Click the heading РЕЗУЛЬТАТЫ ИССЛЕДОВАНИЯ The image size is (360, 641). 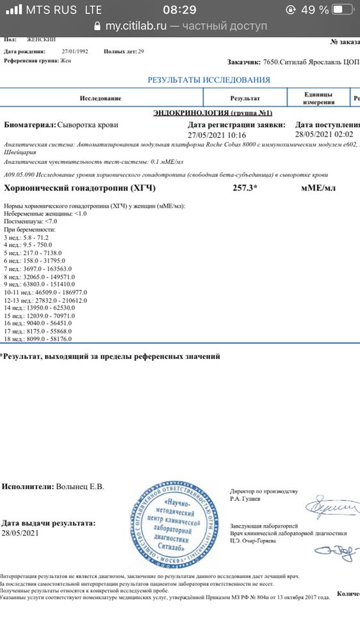(209, 79)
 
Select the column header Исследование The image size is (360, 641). (101, 99)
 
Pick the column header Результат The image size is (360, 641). (245, 99)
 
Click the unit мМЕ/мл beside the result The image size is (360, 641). (318, 189)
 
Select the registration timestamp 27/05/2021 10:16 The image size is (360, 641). (217, 135)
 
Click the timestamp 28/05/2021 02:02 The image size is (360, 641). (324, 135)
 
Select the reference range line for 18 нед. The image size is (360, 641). (38, 338)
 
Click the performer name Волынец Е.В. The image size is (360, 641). (80, 487)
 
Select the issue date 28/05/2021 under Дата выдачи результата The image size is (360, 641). (20, 533)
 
